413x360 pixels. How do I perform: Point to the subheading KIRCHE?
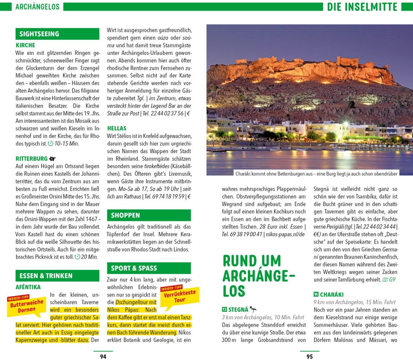(x=25, y=45)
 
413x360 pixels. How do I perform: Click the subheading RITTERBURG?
(x=32, y=159)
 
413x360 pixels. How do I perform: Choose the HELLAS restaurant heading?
(x=117, y=128)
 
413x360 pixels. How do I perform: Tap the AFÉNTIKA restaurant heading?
(x=28, y=287)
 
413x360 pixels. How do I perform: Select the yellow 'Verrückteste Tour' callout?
(x=179, y=296)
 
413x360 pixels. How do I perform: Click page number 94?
(x=103, y=357)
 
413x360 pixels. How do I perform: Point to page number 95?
(x=310, y=357)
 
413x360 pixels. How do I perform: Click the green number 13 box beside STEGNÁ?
(x=224, y=309)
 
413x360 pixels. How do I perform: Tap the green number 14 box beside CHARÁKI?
(x=316, y=294)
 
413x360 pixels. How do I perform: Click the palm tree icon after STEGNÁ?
(x=253, y=309)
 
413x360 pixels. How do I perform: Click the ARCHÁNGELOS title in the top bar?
(x=37, y=7)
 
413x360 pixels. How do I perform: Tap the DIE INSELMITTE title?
(x=362, y=7)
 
